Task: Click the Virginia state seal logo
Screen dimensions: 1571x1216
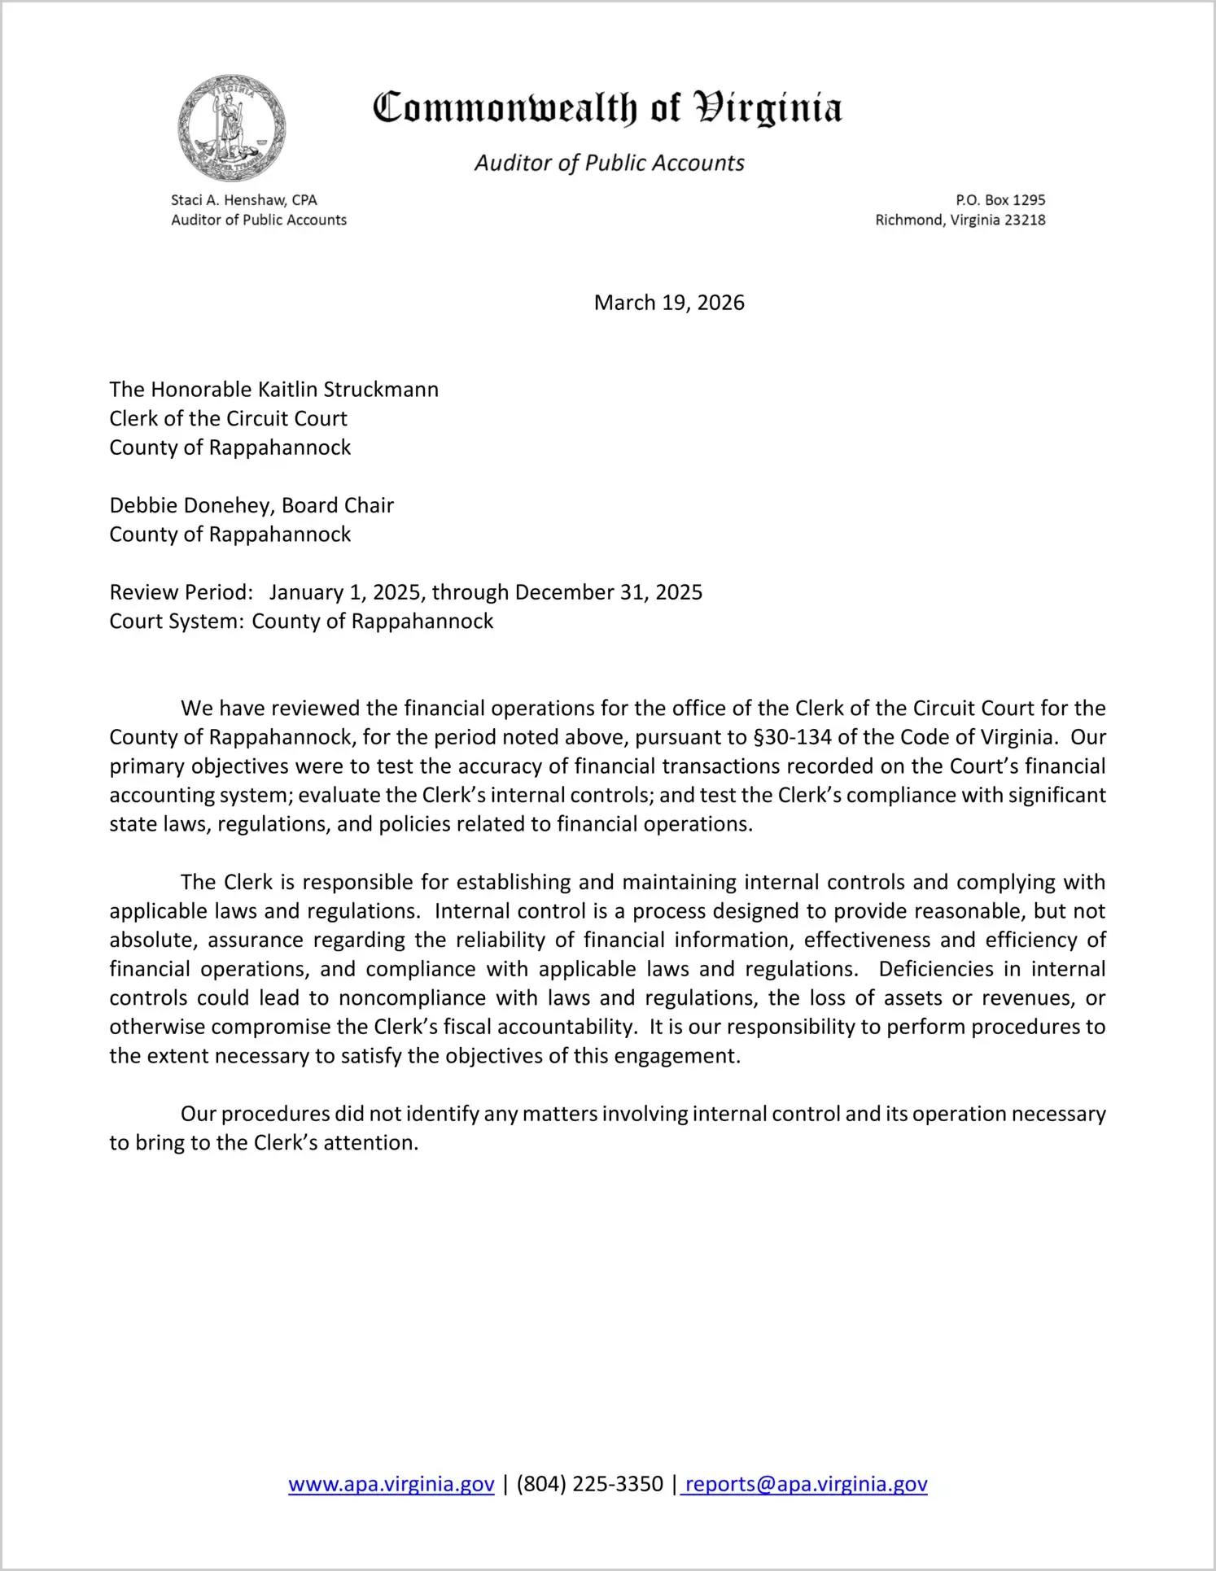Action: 232,128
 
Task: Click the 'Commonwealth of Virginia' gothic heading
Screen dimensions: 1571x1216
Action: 607,108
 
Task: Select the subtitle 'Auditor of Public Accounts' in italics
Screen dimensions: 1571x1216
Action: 609,164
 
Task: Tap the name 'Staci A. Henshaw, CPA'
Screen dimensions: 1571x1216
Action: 243,200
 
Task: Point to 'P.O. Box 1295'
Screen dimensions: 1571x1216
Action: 1000,200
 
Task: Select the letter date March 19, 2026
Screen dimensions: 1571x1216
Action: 669,303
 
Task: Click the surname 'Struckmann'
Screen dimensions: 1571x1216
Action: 381,390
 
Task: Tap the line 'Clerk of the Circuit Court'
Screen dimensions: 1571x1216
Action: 229,419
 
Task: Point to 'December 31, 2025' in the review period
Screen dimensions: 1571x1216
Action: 609,592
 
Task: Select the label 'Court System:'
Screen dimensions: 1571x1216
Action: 177,622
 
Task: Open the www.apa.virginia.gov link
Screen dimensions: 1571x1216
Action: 391,1485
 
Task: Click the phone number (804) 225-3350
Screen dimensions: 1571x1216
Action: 590,1485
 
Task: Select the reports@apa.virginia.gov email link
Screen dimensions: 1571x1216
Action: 806,1485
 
